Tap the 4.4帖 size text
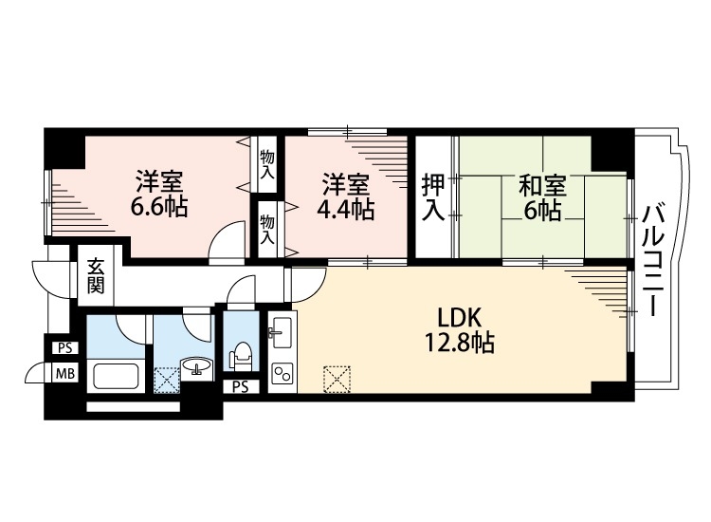point(346,210)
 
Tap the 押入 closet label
point(433,196)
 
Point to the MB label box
point(65,373)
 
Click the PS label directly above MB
point(65,348)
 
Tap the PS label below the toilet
point(241,386)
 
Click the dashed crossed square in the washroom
point(166,378)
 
